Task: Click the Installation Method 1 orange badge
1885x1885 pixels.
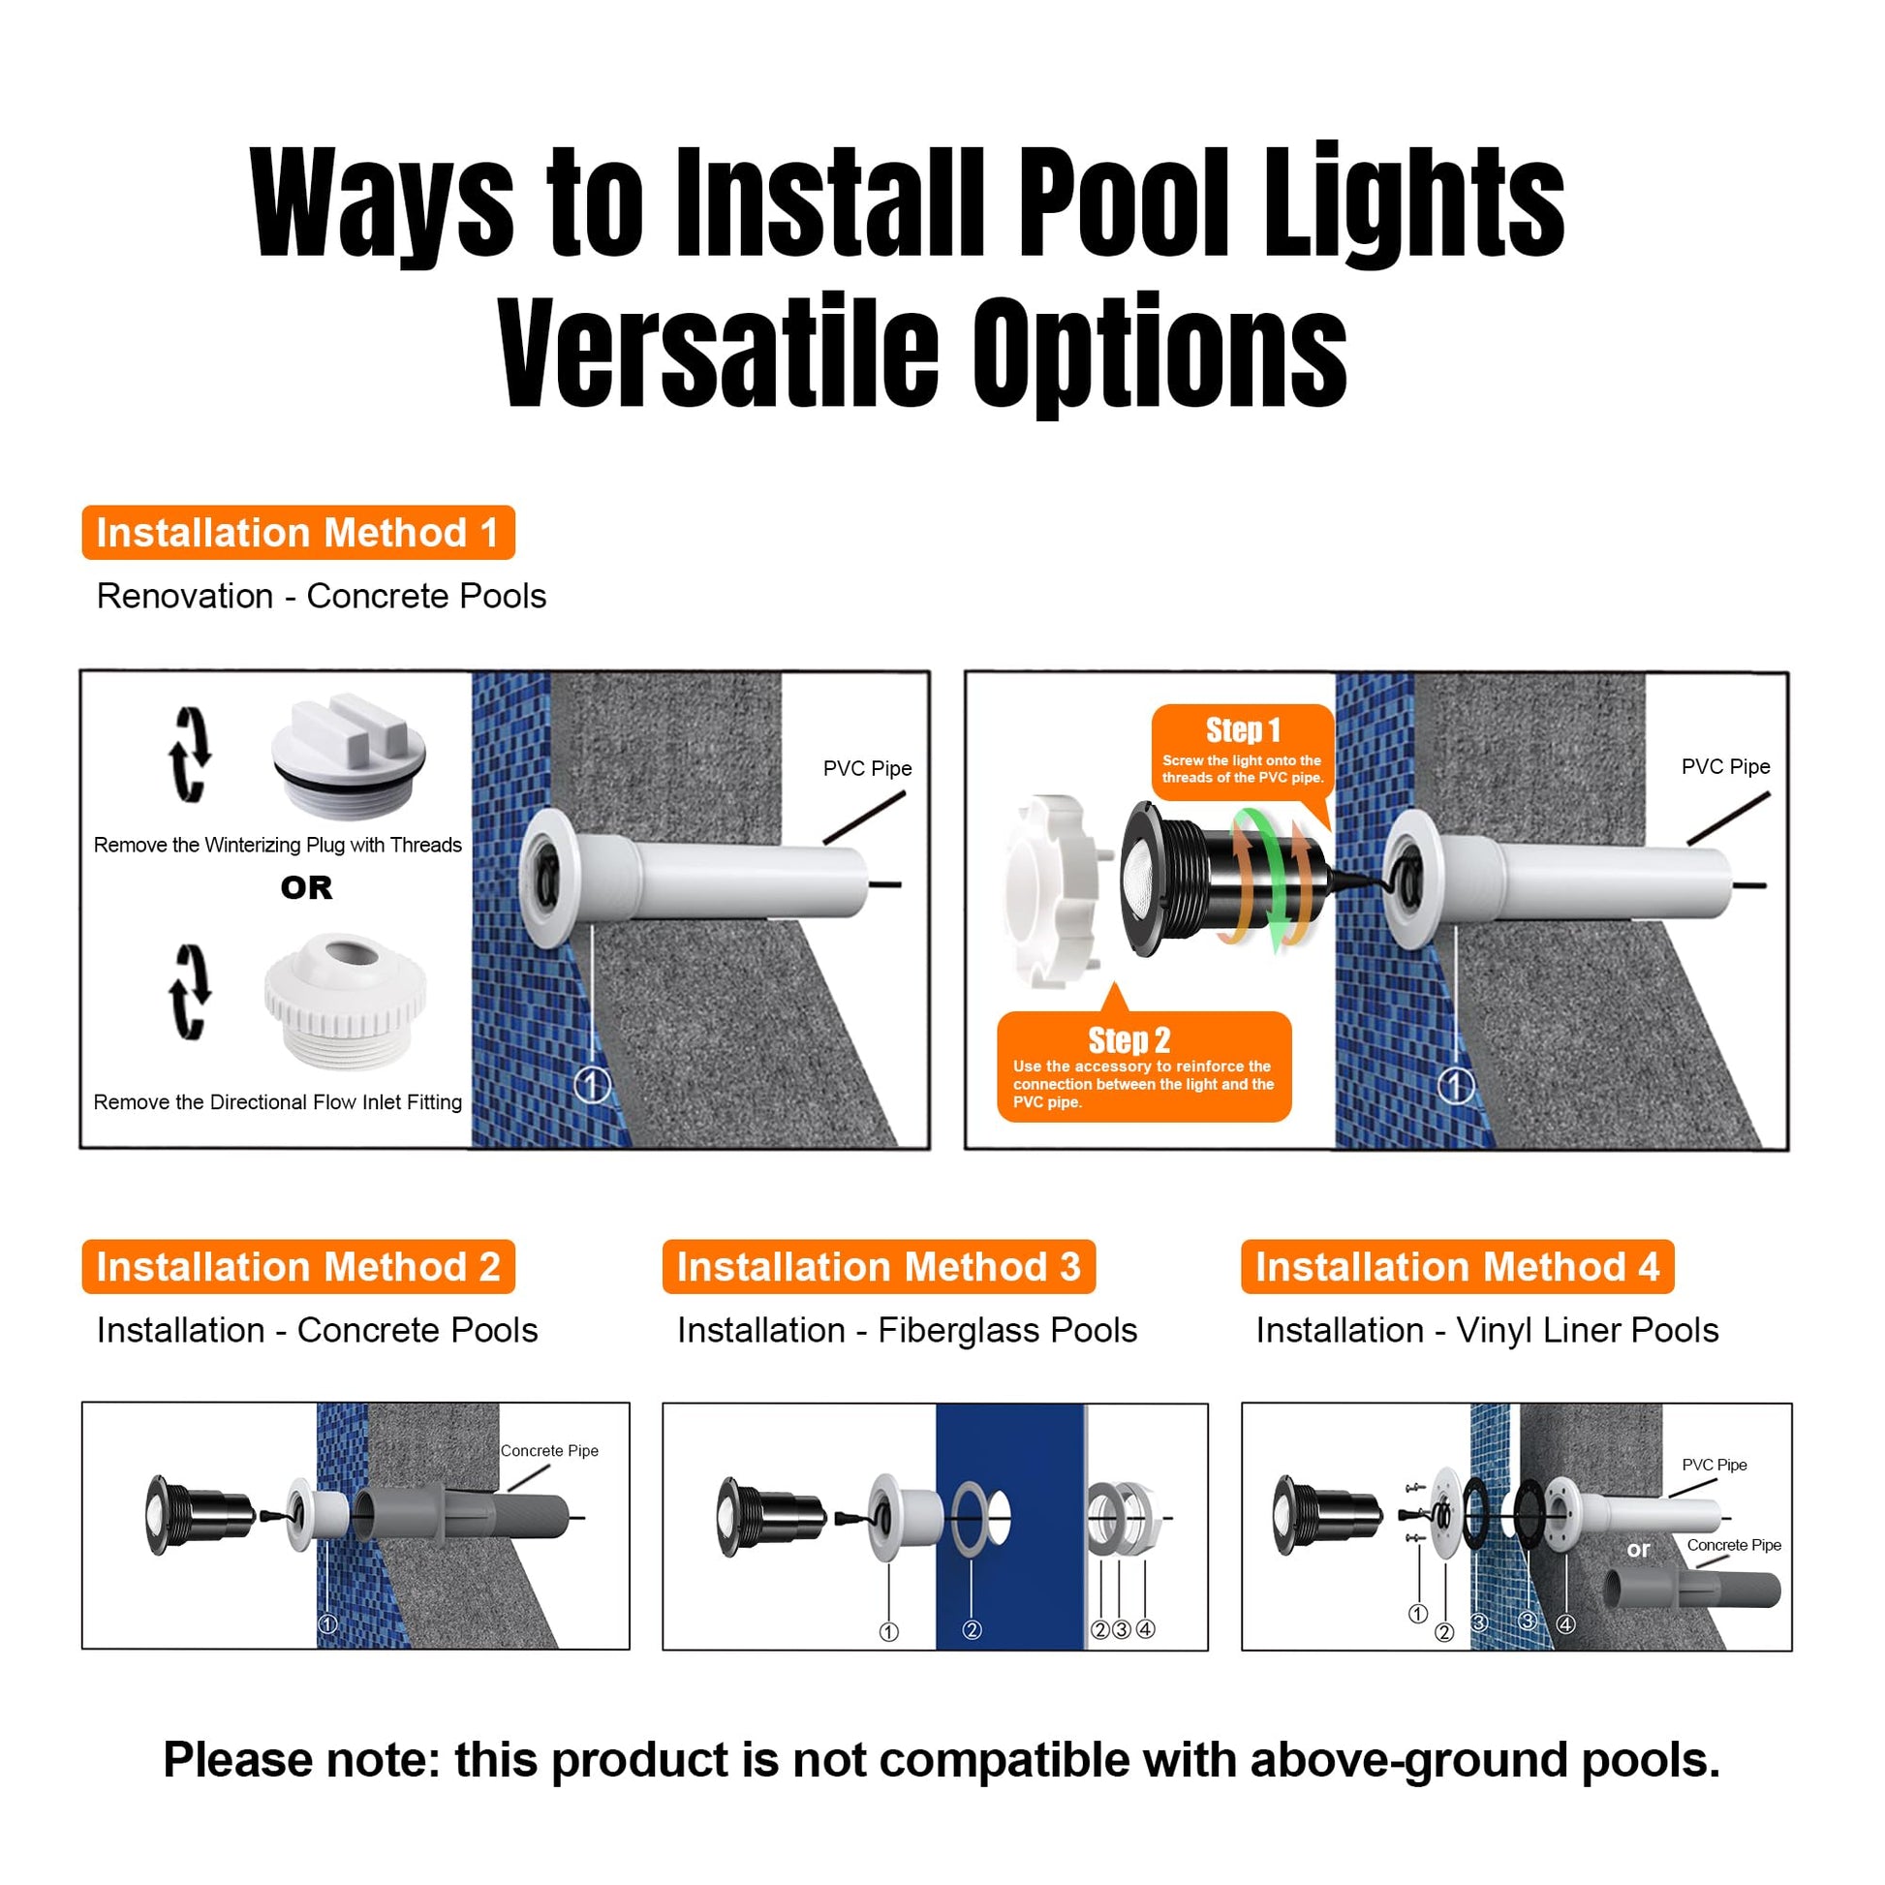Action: [x=298, y=533]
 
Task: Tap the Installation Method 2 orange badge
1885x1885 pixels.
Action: [x=298, y=1266]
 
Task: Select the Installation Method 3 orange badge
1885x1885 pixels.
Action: [x=879, y=1266]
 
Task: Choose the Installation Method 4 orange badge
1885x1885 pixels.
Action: [x=1458, y=1266]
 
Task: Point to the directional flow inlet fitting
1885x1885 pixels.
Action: [x=346, y=1002]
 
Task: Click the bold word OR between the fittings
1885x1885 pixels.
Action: [x=306, y=888]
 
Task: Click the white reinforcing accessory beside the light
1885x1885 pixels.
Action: [x=1056, y=890]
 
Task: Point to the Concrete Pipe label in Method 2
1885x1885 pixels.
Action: [x=549, y=1451]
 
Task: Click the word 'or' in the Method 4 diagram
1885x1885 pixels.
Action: [x=1638, y=1550]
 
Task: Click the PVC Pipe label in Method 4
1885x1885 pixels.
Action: [x=1715, y=1465]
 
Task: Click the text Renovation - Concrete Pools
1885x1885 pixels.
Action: [x=321, y=596]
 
